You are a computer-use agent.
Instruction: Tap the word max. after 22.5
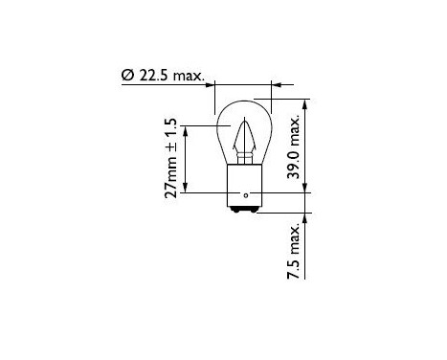(x=190, y=75)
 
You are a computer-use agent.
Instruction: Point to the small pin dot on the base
(x=247, y=197)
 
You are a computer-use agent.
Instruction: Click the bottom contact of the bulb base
(x=246, y=213)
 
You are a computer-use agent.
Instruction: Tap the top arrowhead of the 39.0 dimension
(x=306, y=102)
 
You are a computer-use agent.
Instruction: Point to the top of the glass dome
(x=246, y=100)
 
